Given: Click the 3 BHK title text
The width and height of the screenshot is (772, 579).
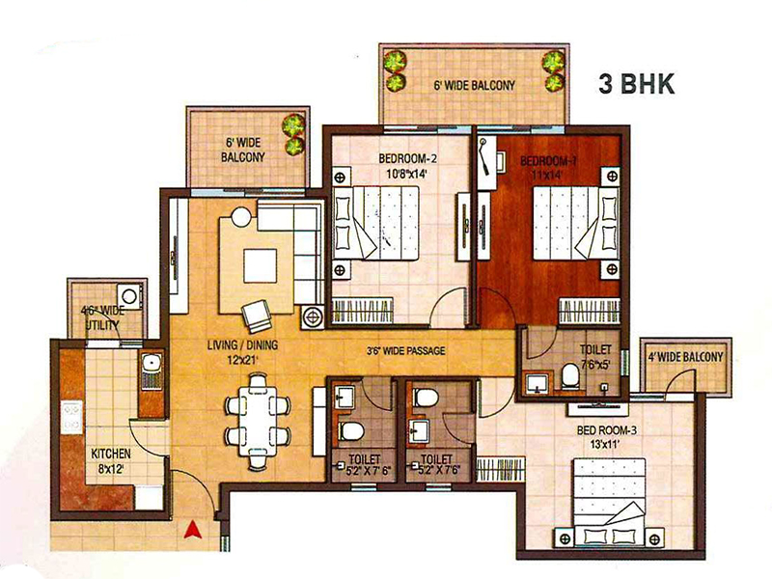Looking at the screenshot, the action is [636, 84].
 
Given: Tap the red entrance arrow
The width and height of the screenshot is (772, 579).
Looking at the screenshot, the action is [194, 529].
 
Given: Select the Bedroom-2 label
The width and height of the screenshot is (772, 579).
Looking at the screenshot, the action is [407, 158].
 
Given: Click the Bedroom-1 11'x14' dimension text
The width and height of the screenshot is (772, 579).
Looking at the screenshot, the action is [546, 175].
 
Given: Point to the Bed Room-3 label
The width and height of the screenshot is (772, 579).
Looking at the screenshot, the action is [607, 430].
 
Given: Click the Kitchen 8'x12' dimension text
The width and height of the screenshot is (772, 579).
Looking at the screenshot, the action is [111, 469].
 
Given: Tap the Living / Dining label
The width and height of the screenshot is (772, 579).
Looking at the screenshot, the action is [242, 345].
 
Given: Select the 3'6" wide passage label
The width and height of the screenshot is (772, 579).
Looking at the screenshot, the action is [405, 350].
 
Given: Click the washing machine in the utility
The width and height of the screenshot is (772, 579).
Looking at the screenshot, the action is [129, 297].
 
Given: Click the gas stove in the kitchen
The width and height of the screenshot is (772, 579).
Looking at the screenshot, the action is [71, 417].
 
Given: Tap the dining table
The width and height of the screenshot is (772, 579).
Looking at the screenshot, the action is [258, 421].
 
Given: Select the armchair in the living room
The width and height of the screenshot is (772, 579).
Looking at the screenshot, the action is [256, 316].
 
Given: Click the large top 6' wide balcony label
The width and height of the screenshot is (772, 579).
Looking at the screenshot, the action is [474, 85].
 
